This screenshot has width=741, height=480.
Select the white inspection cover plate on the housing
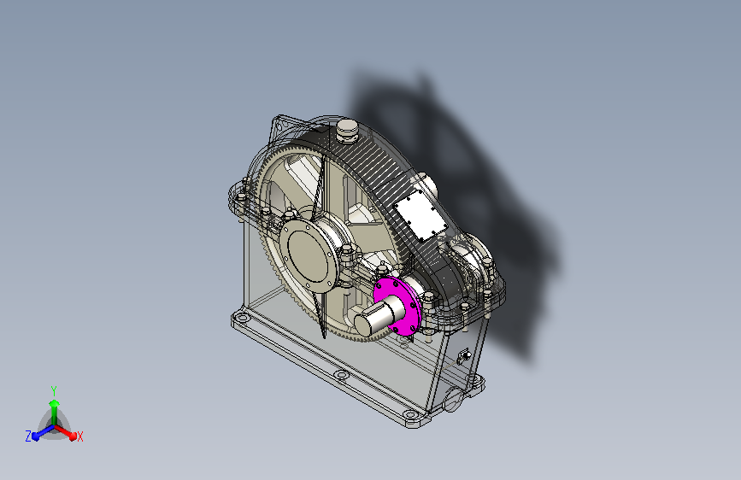coord(420,216)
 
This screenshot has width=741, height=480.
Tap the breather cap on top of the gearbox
coord(347,130)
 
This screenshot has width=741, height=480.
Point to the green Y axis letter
coord(54,390)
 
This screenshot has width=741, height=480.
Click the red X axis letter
coord(79,436)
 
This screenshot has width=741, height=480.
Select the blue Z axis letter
coord(28,436)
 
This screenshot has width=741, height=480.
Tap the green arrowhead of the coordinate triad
coord(54,404)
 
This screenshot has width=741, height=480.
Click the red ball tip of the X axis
coord(73,436)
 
